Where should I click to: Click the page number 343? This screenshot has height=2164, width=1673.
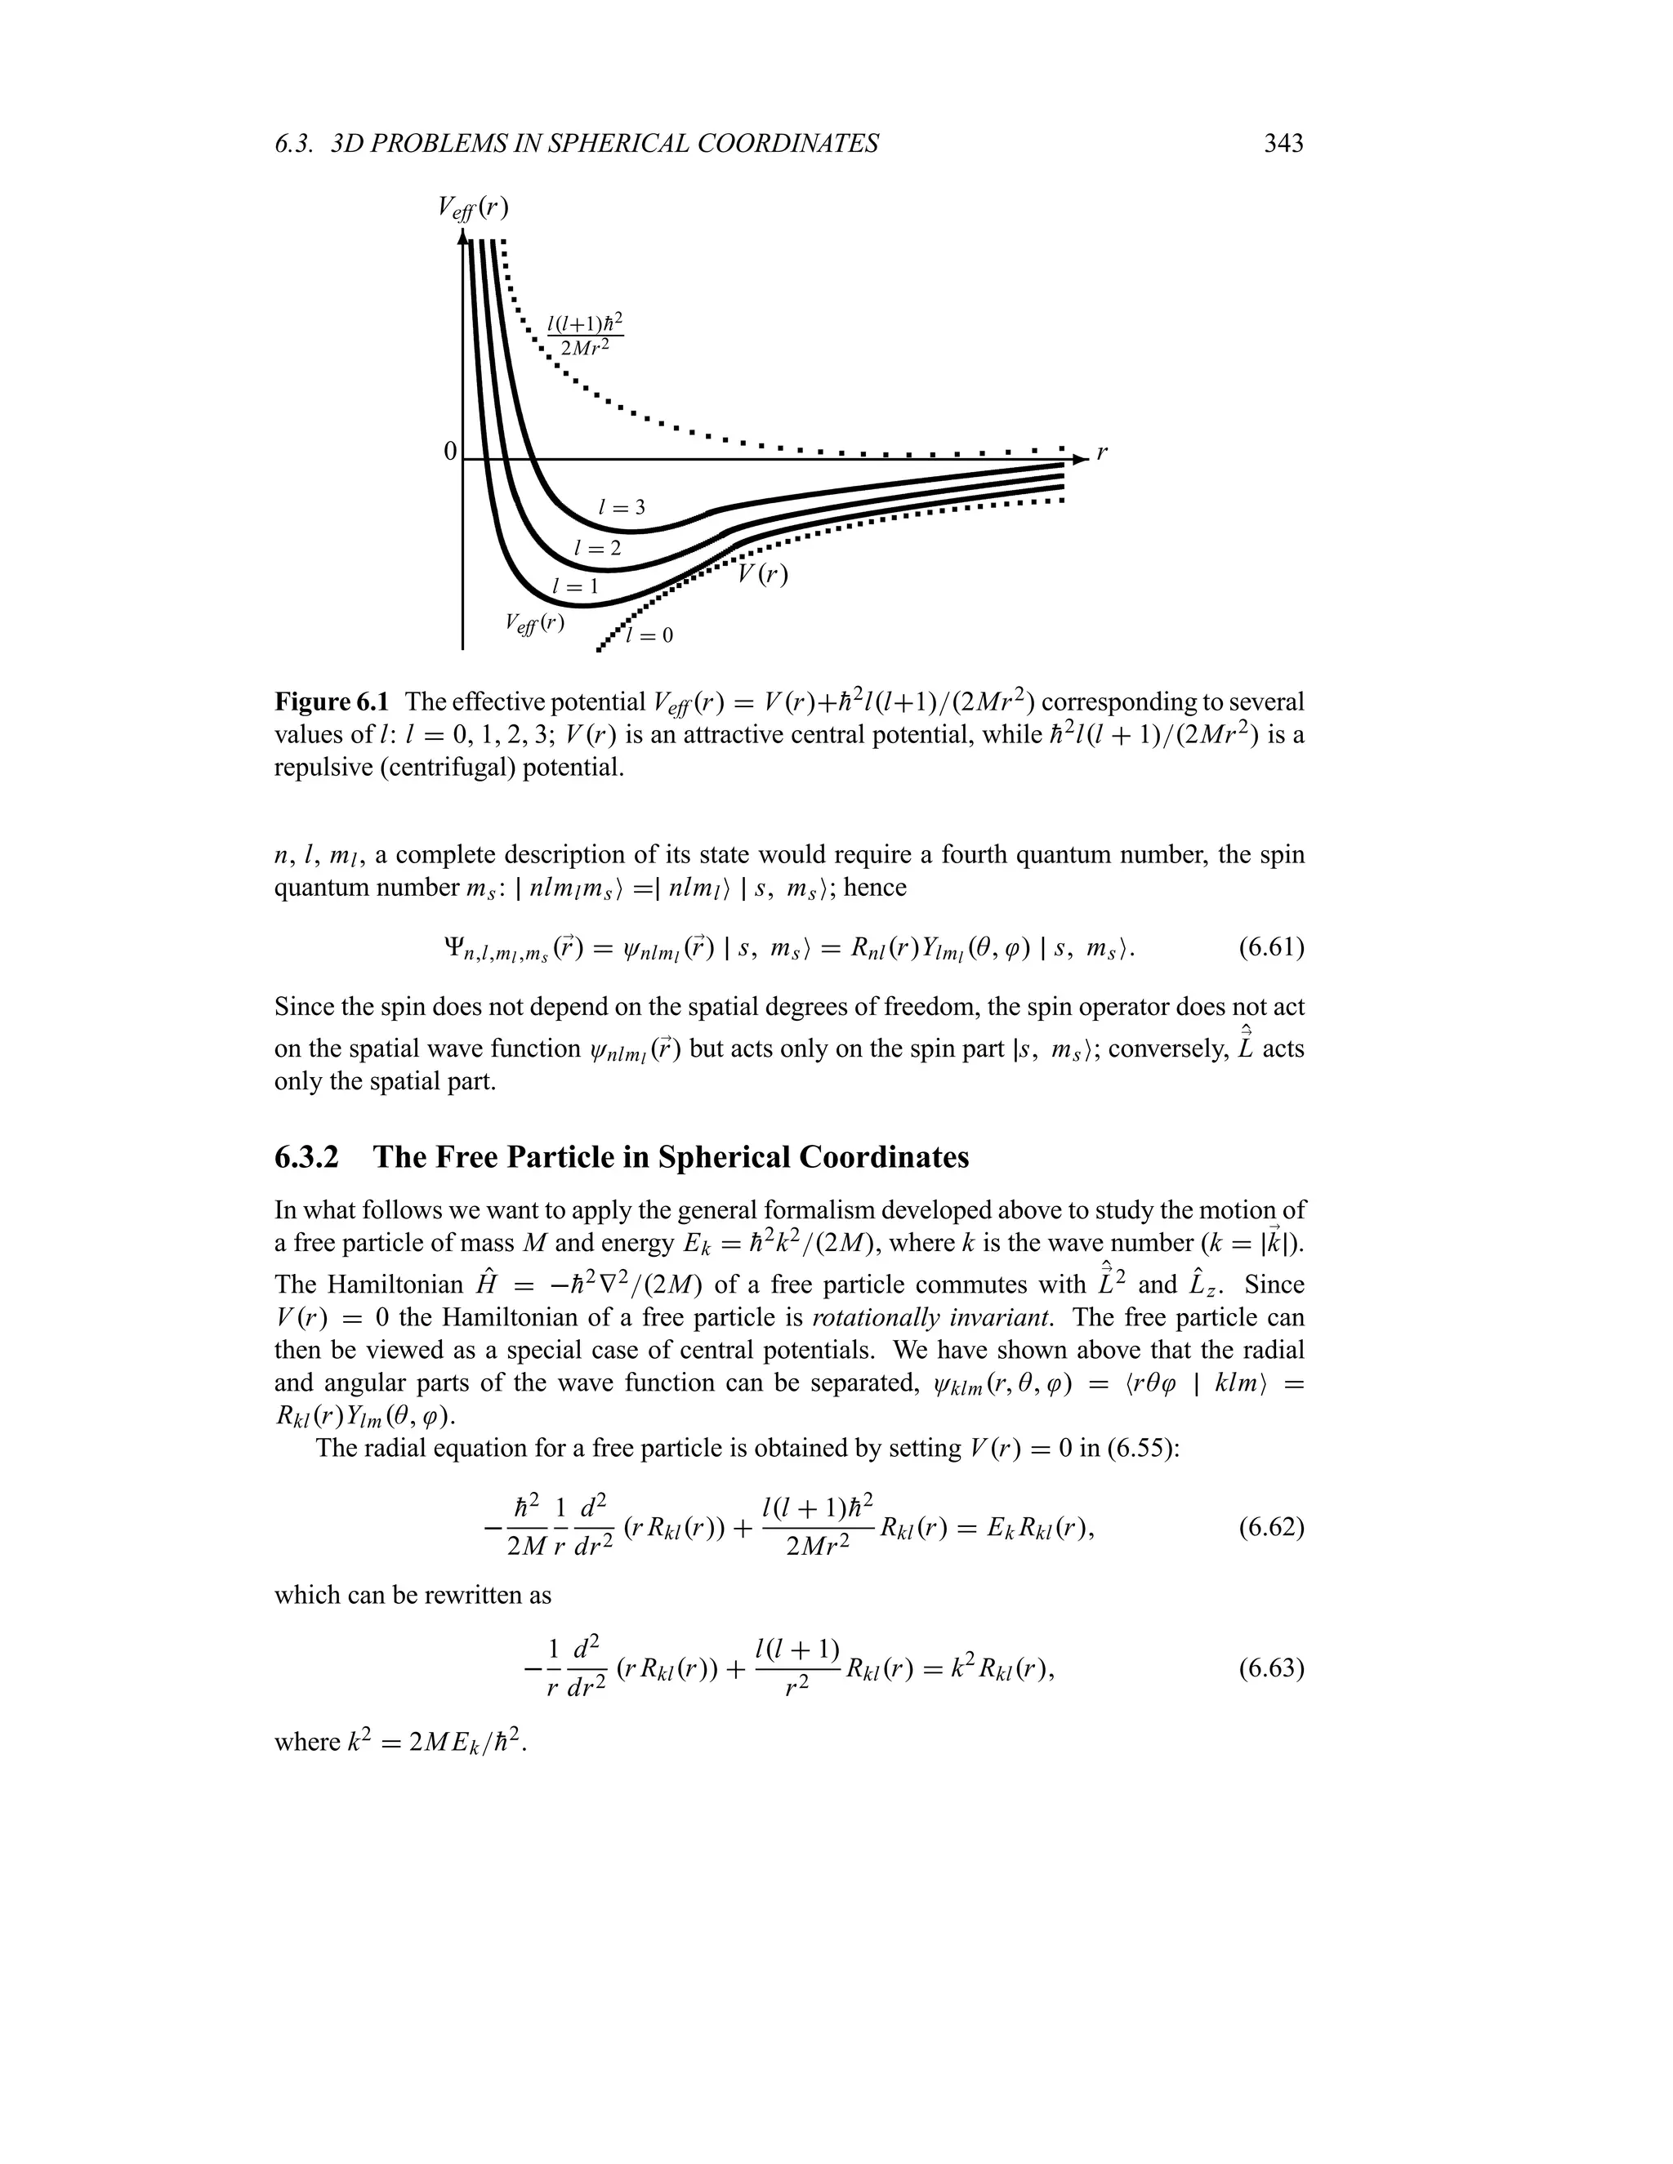tap(1283, 145)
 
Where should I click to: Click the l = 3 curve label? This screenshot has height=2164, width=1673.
tap(622, 508)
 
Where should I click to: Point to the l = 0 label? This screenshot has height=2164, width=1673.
tap(649, 636)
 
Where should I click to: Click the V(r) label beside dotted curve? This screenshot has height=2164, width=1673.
tap(762, 574)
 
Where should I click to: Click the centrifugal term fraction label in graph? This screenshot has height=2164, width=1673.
tap(585, 336)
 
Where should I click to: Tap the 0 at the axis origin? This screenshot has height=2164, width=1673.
tap(450, 452)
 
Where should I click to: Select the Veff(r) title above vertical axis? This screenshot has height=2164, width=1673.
tap(473, 207)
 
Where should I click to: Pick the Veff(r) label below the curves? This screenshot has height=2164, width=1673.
tap(534, 623)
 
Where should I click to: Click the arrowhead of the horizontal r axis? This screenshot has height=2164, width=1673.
tap(1080, 459)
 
